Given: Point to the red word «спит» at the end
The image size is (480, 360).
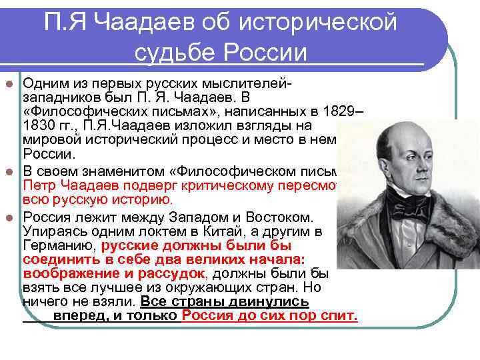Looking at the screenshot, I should (x=341, y=316).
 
